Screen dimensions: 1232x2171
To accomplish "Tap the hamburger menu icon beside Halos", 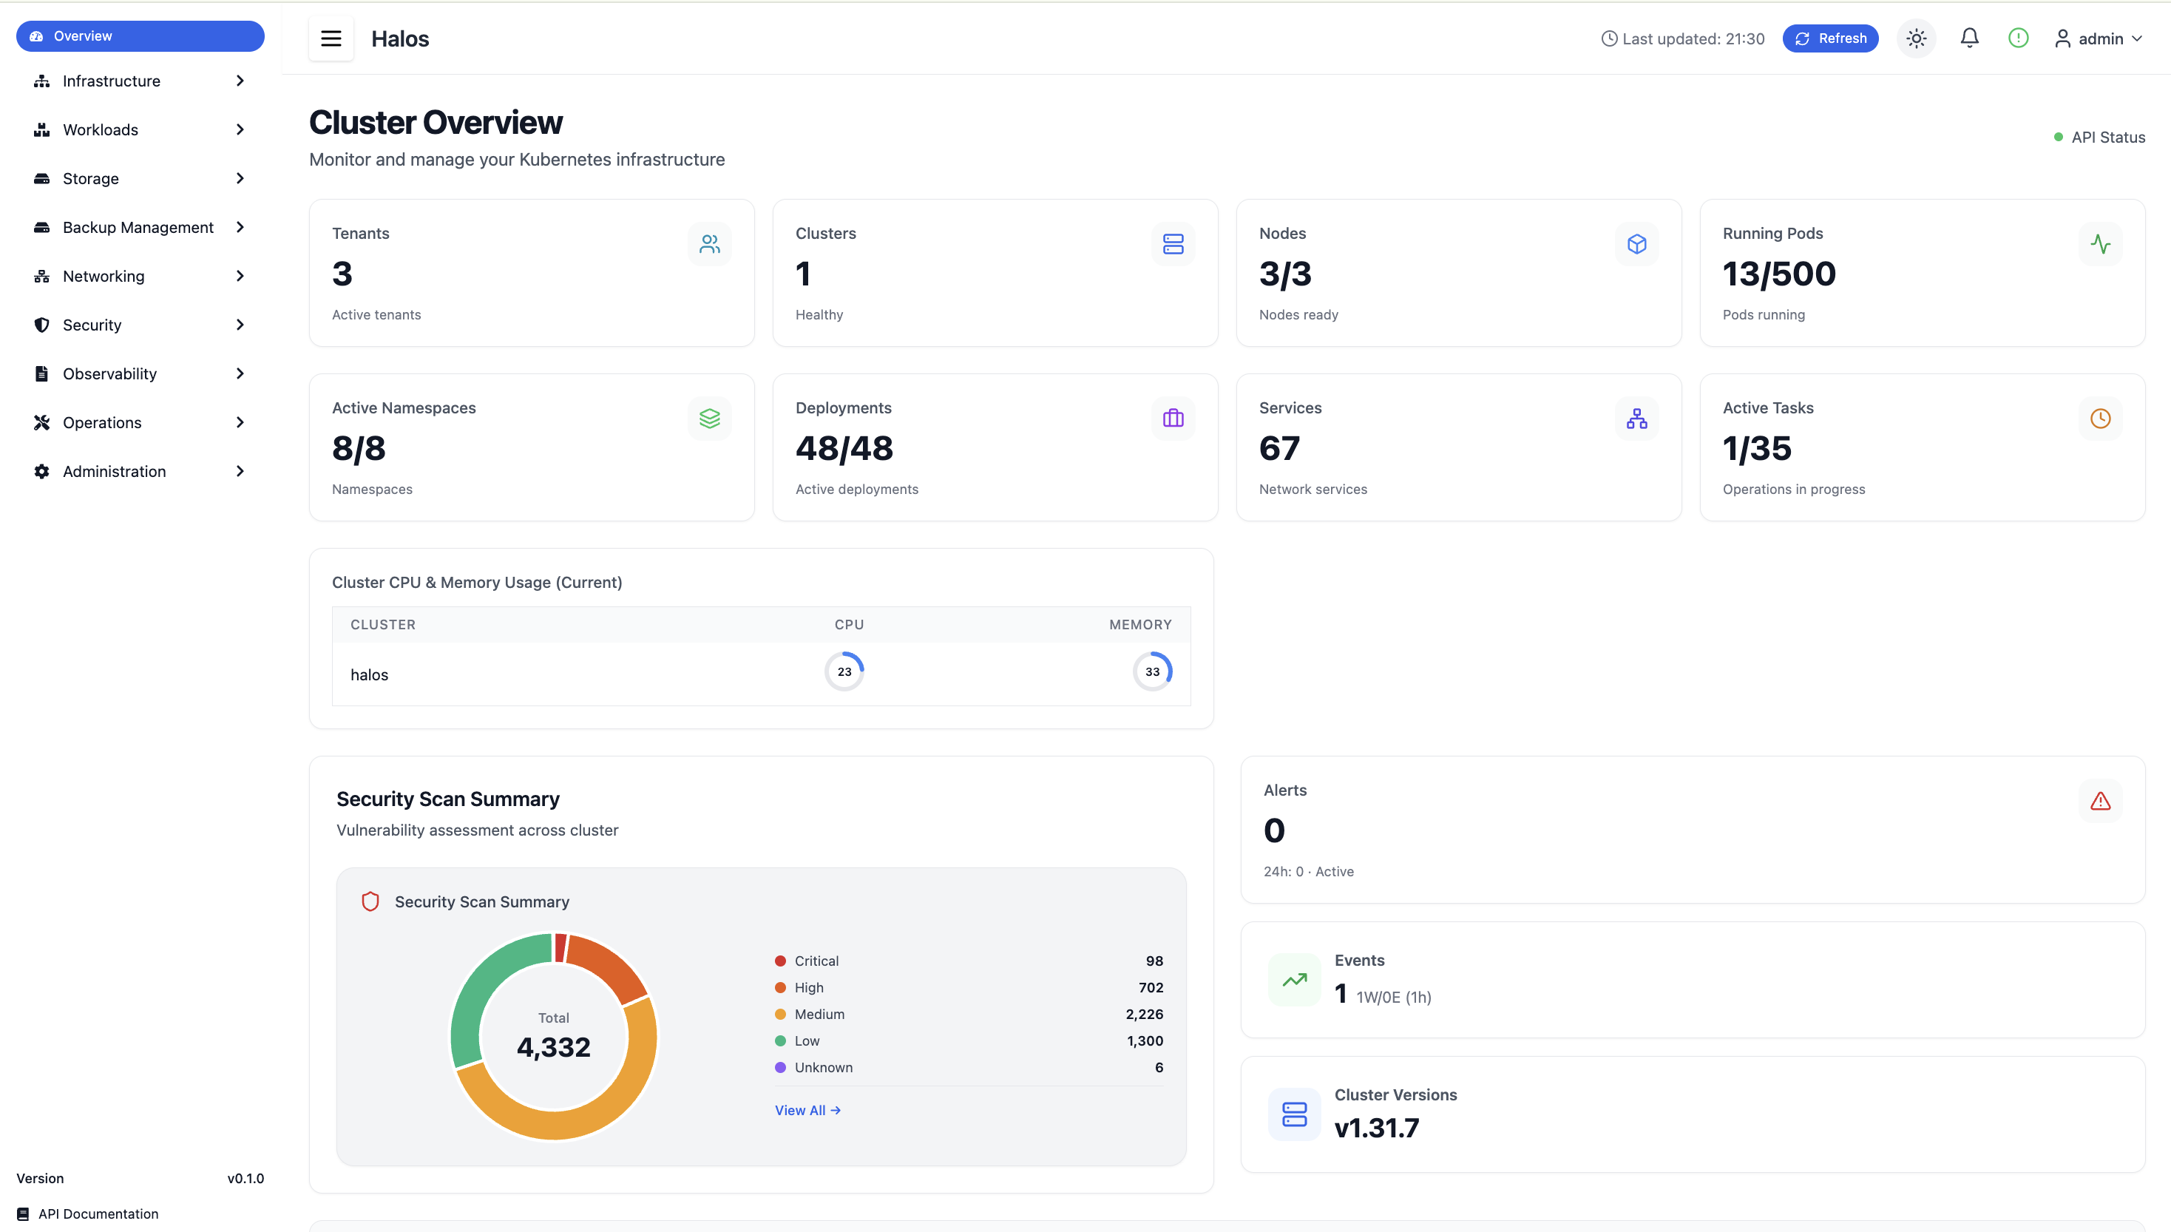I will (x=331, y=38).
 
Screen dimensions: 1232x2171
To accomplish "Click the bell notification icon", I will (x=1969, y=38).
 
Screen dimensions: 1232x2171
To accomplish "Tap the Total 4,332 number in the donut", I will (x=553, y=1048).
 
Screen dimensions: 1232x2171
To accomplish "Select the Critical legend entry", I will (x=816, y=961).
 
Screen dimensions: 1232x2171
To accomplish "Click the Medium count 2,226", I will (x=1143, y=1015).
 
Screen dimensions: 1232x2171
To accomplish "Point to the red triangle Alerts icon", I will (x=2099, y=800).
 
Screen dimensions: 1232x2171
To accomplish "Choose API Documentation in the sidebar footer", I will (x=98, y=1214).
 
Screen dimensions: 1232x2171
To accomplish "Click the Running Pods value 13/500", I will (x=1778, y=274).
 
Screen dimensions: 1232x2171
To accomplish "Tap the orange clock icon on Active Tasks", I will (x=2099, y=419).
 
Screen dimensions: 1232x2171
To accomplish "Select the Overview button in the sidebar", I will (x=140, y=36).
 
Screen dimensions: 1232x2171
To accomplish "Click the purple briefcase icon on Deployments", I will (x=1173, y=419).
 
